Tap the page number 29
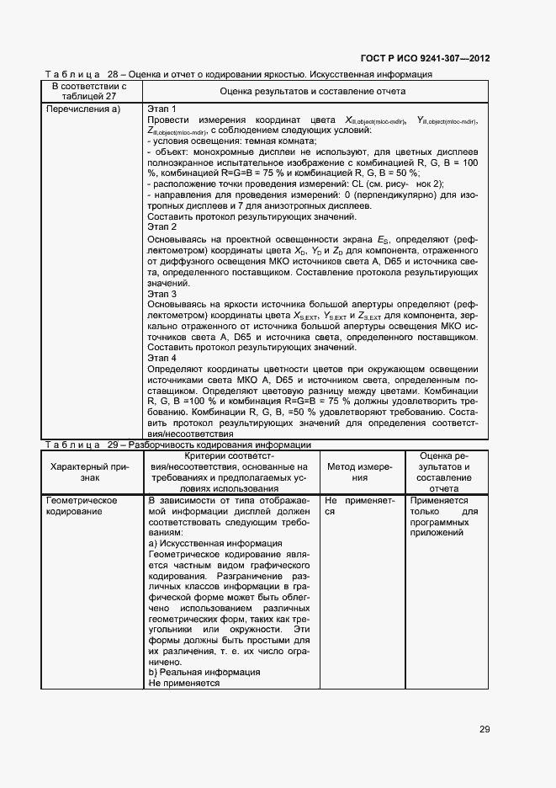(485, 729)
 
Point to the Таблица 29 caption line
(177, 445)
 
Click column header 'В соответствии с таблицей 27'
(89, 90)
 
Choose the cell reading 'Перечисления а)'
(84, 109)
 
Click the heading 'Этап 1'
(162, 109)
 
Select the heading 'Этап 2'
(162, 227)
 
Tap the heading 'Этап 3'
(162, 294)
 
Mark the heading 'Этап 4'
(162, 358)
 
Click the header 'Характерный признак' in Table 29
(89, 471)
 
